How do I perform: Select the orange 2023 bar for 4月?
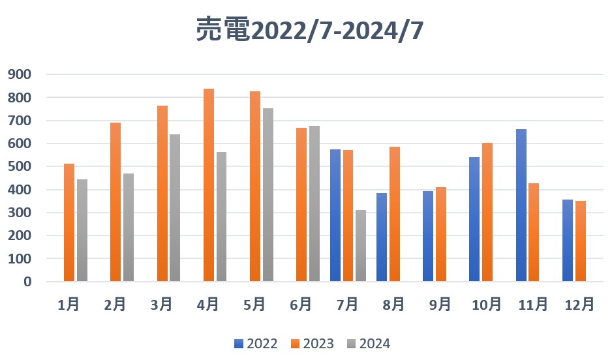tap(209, 185)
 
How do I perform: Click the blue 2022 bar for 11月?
tap(521, 205)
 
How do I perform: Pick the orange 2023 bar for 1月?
tap(69, 222)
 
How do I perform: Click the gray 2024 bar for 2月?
tap(129, 228)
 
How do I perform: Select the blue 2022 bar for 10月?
tap(474, 219)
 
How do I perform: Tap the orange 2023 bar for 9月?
tap(441, 234)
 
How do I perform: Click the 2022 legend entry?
tap(256, 344)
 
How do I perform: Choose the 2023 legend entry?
tap(312, 344)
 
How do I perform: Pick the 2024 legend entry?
tap(369, 344)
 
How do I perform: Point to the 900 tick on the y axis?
tap(19, 74)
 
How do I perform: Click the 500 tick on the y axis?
tap(19, 166)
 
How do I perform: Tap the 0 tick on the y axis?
tap(27, 282)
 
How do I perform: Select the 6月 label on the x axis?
tap(301, 304)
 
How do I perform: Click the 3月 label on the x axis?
tap(162, 304)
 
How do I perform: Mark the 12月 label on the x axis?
tap(579, 304)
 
